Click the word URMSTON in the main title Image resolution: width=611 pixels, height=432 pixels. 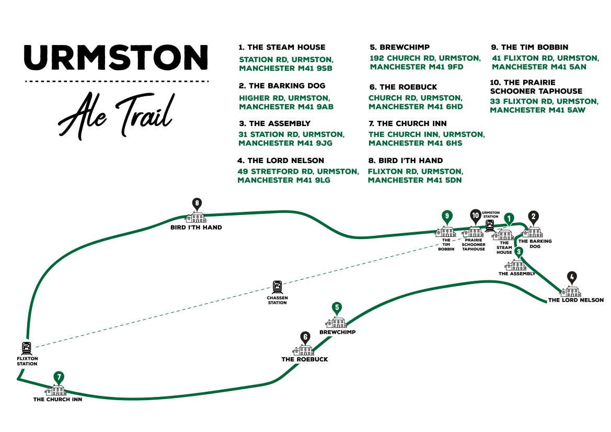(116, 58)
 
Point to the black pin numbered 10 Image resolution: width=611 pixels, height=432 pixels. (475, 215)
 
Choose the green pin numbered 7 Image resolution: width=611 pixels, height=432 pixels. (59, 377)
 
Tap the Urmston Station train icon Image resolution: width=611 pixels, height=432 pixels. (490, 225)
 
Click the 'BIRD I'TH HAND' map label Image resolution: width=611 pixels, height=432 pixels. (196, 228)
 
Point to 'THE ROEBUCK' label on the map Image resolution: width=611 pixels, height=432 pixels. (305, 359)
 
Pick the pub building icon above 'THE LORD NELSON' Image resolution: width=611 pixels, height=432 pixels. (571, 291)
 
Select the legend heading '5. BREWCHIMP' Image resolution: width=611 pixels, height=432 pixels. (399, 47)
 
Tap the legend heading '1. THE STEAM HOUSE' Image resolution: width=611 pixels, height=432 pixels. (282, 47)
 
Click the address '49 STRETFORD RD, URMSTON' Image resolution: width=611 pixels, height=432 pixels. (298, 172)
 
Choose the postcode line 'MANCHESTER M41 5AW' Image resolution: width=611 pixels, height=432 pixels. (537, 110)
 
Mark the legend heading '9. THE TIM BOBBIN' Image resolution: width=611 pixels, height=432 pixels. (529, 47)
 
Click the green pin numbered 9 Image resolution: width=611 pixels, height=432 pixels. (446, 216)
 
